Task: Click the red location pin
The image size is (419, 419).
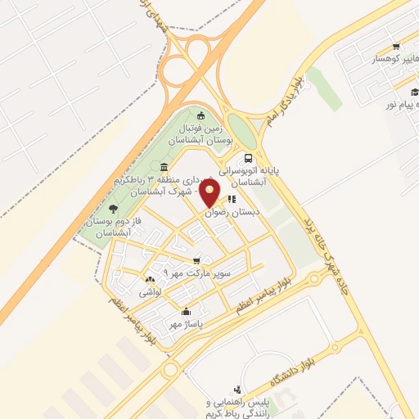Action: pos(210,192)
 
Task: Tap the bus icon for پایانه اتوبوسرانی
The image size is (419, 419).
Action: pos(248,158)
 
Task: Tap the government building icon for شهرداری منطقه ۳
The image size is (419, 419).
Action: pos(164,168)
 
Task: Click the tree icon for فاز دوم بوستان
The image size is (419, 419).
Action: pos(124,209)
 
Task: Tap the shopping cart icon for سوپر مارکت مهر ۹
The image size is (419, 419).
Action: pos(196,260)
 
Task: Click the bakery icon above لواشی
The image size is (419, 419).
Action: pos(149,280)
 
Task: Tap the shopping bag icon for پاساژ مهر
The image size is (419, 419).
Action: pos(186,311)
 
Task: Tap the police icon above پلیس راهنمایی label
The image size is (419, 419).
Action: pos(237,389)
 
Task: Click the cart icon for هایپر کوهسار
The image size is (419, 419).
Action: pos(396,46)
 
